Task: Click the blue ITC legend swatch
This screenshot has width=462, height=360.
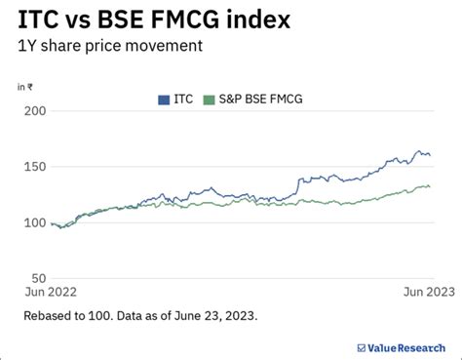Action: (163, 99)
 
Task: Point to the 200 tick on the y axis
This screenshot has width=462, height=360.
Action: (35, 111)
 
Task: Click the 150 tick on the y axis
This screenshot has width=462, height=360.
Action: (35, 167)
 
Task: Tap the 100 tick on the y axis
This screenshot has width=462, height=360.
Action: (35, 222)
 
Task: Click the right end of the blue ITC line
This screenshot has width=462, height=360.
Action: (430, 155)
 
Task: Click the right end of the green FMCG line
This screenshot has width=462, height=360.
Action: (430, 186)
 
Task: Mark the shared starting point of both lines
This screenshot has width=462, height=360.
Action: (52, 223)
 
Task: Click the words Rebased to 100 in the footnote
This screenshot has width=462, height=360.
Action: (75, 316)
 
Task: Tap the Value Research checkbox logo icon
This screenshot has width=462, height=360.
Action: (362, 345)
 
